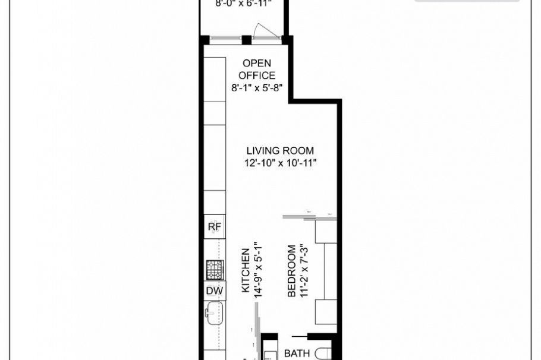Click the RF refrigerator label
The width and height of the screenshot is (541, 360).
pos(214,227)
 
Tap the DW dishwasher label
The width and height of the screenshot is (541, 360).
pos(214,290)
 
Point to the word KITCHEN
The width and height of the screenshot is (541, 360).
pos(245,271)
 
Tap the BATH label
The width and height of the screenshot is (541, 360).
pos(297,353)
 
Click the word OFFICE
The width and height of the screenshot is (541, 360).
pos(257,75)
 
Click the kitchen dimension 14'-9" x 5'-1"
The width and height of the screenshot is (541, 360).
pos(257,271)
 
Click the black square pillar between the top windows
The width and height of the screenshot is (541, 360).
pos(245,40)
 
